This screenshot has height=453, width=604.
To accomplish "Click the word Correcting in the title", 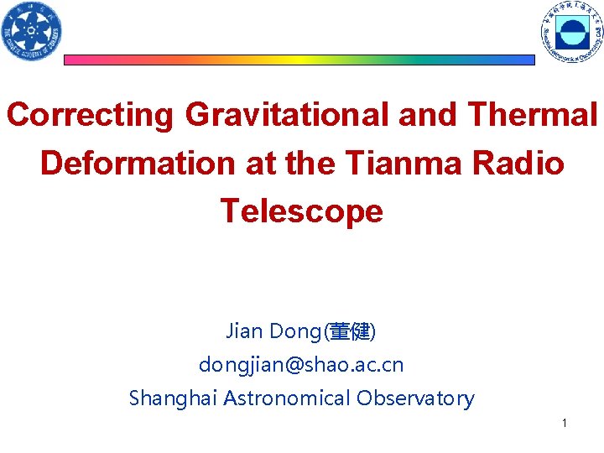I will tap(90, 115).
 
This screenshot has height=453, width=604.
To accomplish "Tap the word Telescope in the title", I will tap(301, 211).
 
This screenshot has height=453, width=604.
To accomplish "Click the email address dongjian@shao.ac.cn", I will tap(301, 365).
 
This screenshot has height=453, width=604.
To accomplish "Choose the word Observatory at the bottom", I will tap(415, 398).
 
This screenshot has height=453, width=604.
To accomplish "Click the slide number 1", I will tap(565, 424).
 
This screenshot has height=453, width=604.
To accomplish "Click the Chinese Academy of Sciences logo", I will tap(32, 31).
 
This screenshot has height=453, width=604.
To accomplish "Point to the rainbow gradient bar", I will tap(299, 60).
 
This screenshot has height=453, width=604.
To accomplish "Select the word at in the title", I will tap(262, 163).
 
